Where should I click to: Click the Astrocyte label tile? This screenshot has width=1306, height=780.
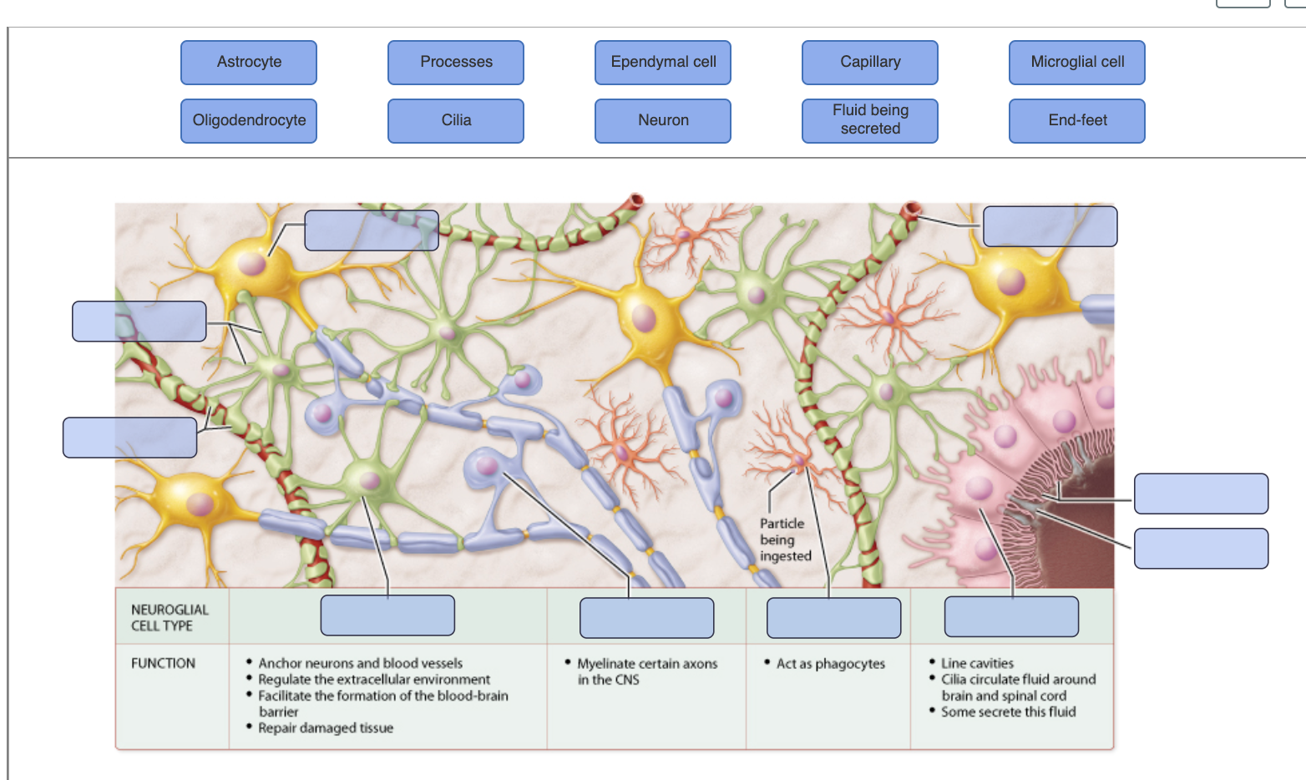click(249, 63)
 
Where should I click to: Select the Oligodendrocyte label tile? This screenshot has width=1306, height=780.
click(249, 121)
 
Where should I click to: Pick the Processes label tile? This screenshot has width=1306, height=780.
click(456, 63)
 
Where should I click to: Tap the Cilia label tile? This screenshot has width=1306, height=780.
click(456, 121)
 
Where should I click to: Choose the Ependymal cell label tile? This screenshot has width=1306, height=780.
click(663, 63)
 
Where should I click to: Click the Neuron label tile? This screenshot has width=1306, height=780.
click(663, 121)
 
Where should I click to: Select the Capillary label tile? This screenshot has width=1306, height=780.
click(870, 63)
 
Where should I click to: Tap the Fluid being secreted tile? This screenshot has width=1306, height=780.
click(870, 121)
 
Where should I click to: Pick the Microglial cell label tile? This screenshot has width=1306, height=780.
click(1077, 63)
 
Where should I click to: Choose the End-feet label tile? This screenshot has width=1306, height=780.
click(1077, 121)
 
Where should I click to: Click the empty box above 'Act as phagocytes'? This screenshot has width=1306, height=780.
click(833, 617)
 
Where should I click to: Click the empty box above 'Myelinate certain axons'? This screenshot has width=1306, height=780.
click(646, 617)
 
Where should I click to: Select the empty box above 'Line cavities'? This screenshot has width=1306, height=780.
click(1011, 616)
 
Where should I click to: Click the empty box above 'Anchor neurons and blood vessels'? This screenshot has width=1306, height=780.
click(387, 615)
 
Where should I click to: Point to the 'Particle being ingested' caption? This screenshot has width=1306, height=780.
click(785, 539)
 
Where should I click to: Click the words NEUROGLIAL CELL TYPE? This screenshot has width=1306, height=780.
click(170, 617)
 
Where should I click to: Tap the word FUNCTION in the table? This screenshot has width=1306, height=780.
click(163, 663)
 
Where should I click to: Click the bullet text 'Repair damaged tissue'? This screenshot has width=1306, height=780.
click(326, 728)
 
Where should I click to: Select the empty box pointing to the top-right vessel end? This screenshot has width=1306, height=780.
click(1050, 226)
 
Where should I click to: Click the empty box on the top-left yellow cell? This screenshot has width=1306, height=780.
click(371, 230)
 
